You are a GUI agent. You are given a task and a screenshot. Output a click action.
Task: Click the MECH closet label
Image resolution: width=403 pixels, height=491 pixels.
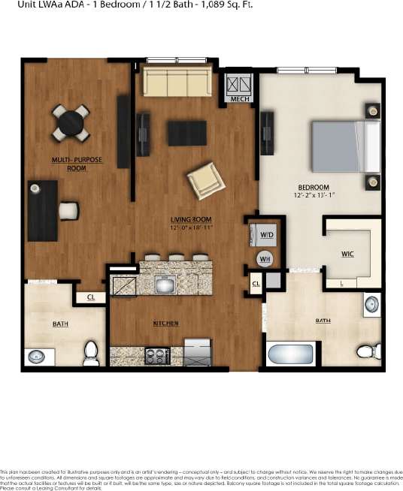240,98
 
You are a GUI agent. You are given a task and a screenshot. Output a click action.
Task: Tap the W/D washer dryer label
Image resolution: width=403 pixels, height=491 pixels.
266,235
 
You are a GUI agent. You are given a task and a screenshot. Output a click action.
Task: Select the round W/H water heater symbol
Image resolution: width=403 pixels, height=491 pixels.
265,260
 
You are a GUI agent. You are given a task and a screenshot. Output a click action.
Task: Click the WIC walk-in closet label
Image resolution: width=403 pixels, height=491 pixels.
347,254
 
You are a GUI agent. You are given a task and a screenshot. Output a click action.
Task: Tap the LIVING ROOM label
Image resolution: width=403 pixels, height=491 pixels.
190,219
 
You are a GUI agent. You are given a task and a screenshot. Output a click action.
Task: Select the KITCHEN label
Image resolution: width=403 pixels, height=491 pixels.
165,324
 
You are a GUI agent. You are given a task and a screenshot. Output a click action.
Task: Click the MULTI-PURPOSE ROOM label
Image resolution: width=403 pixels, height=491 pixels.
77,164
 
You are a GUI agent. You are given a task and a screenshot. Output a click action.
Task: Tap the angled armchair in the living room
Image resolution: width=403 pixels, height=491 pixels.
205,180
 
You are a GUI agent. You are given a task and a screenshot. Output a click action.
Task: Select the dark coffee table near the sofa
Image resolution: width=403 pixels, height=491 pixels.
186,133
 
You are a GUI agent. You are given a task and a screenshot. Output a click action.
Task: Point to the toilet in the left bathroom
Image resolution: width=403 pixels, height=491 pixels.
91,351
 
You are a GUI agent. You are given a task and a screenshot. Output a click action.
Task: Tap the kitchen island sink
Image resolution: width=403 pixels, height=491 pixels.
165,285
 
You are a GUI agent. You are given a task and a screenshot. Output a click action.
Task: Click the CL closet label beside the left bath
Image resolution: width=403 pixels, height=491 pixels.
90,297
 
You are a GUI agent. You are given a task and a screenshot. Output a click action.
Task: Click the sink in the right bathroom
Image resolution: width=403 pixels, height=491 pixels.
371,304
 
